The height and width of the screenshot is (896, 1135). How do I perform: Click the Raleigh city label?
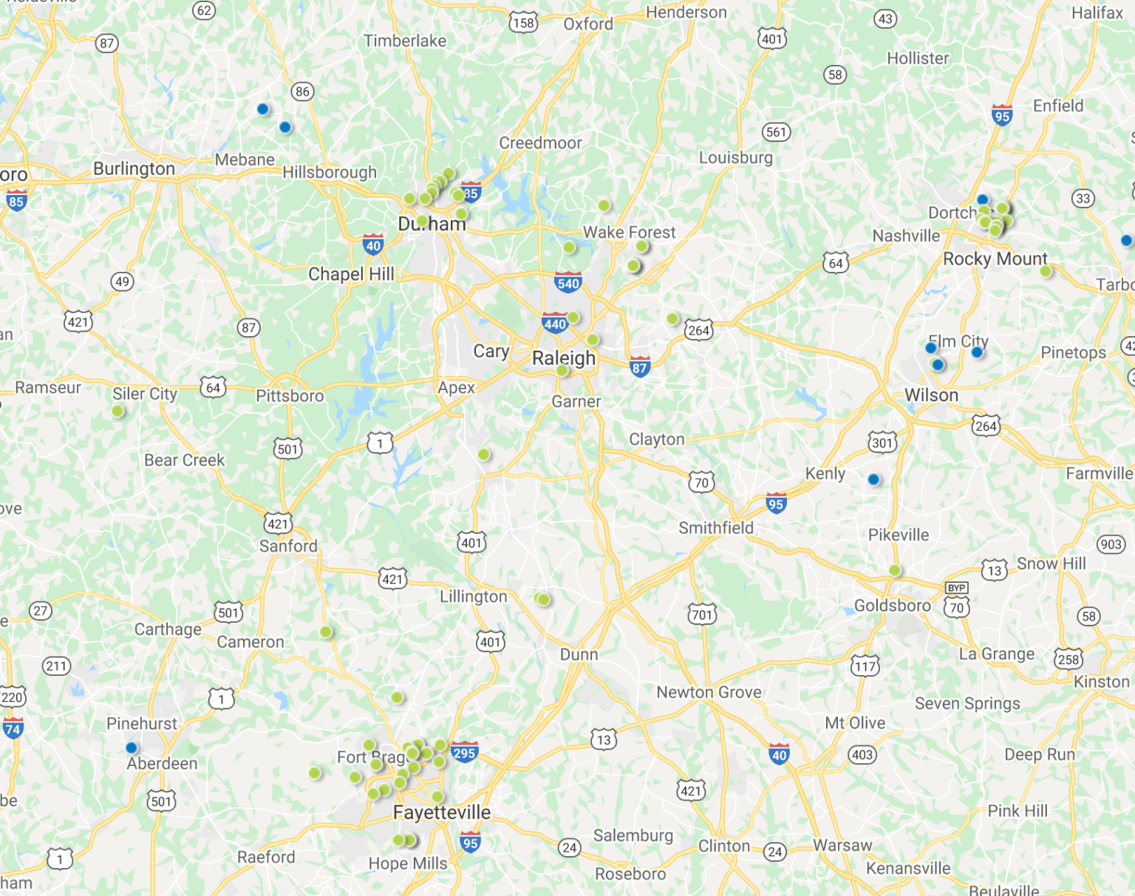(x=563, y=358)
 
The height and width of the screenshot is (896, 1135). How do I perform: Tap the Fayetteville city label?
(x=441, y=813)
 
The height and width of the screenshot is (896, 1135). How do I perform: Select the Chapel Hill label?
(x=351, y=274)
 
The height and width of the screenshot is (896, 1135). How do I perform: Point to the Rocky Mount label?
(x=995, y=259)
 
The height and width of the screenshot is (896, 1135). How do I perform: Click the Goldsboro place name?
(x=892, y=606)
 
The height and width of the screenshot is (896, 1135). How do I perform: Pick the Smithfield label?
(x=715, y=527)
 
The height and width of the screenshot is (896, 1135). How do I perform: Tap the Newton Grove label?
(x=709, y=692)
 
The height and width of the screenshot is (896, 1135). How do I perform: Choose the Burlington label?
(x=134, y=168)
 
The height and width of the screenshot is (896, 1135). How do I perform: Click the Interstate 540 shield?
(x=567, y=282)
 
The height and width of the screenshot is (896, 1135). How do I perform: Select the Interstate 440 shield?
(x=554, y=323)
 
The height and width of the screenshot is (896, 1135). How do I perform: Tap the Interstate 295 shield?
(x=464, y=753)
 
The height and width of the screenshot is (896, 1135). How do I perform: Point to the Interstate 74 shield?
(x=13, y=729)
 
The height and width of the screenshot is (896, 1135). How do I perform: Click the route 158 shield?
(x=522, y=23)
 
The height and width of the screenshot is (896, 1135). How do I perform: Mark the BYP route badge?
(x=956, y=588)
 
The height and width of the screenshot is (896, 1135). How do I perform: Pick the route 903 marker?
(x=1111, y=544)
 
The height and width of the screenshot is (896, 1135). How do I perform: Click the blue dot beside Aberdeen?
(x=132, y=748)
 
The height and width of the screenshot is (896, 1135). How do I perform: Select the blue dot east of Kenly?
(x=873, y=479)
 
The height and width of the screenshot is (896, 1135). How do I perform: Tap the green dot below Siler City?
(x=117, y=411)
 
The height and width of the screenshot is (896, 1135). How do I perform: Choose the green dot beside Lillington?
(x=543, y=599)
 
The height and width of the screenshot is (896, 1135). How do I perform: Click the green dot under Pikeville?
(x=894, y=570)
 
